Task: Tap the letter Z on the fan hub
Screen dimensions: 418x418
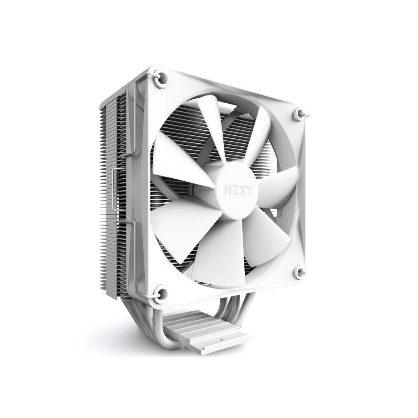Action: click(234, 192)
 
